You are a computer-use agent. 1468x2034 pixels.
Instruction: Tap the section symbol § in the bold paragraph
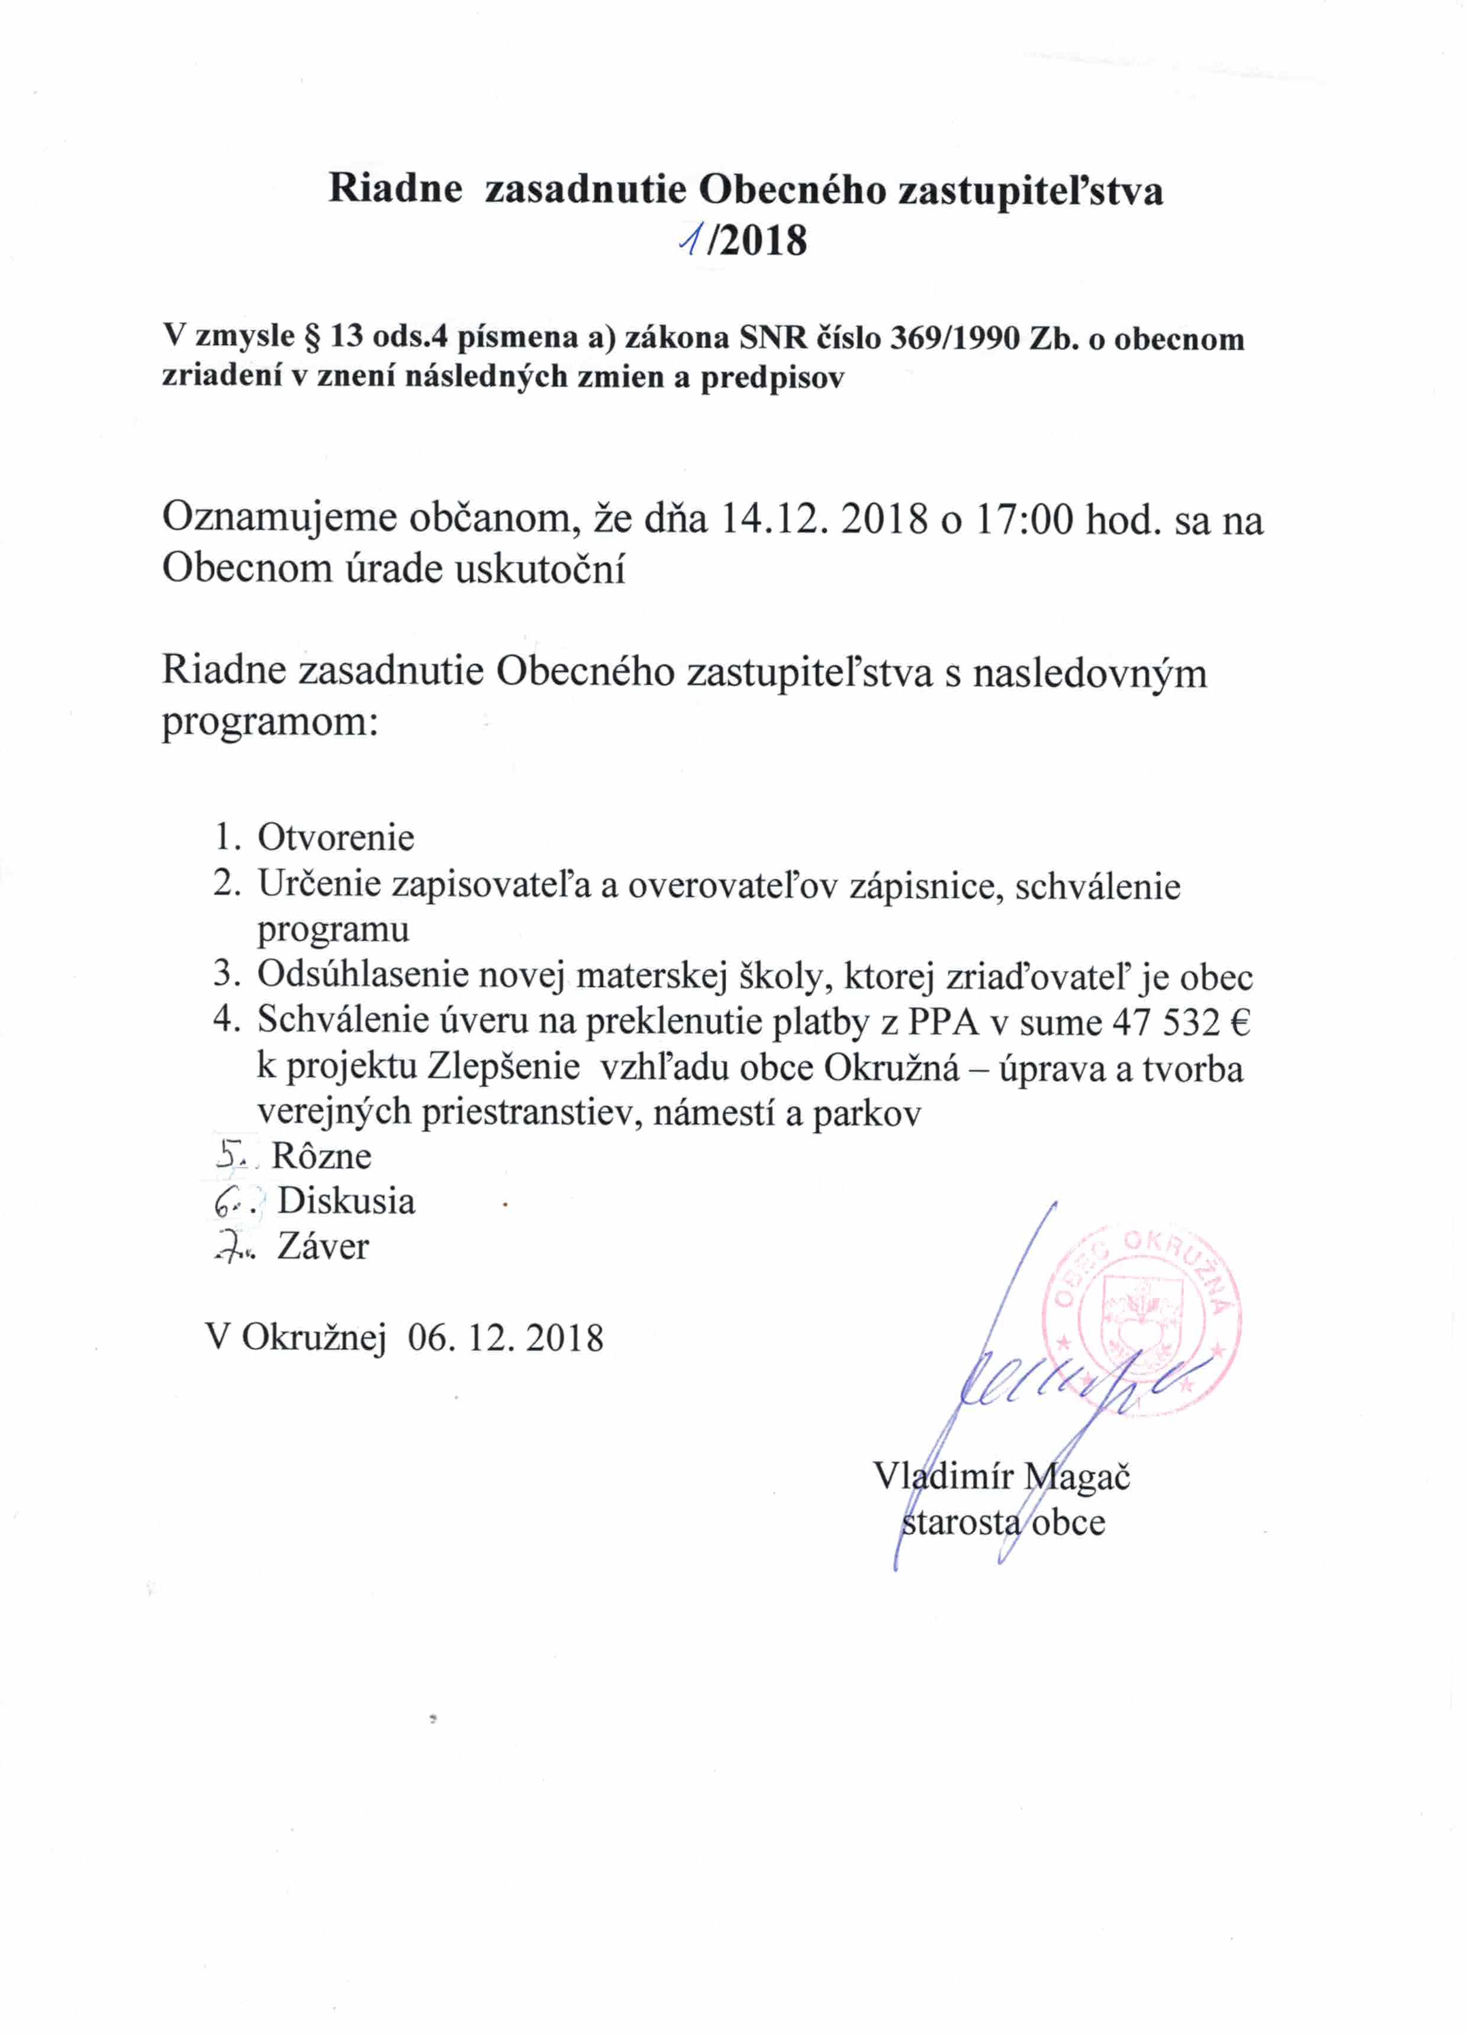tap(313, 338)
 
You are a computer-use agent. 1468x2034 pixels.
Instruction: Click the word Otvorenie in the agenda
tap(336, 838)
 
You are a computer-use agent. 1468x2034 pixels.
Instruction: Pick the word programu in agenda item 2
tap(333, 930)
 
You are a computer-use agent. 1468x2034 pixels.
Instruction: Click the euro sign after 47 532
tap(1240, 1021)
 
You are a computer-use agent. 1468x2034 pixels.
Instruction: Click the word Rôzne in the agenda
tap(321, 1156)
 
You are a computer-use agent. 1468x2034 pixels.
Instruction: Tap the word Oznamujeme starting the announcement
tap(278, 520)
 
